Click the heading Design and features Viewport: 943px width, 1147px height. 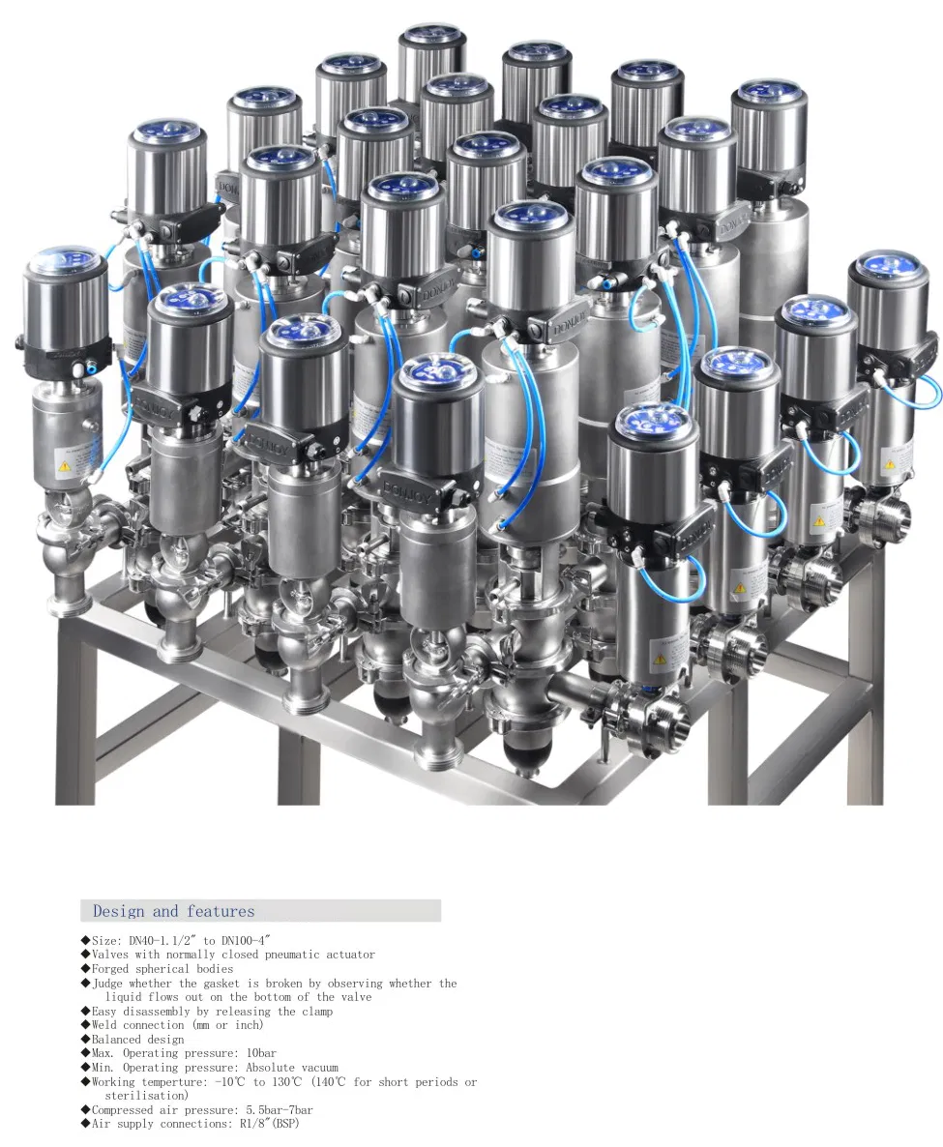(x=173, y=911)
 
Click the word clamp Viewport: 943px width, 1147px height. (x=314, y=1012)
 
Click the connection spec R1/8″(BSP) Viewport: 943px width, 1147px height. (x=273, y=1124)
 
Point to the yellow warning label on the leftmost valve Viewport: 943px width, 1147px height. (x=64, y=466)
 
